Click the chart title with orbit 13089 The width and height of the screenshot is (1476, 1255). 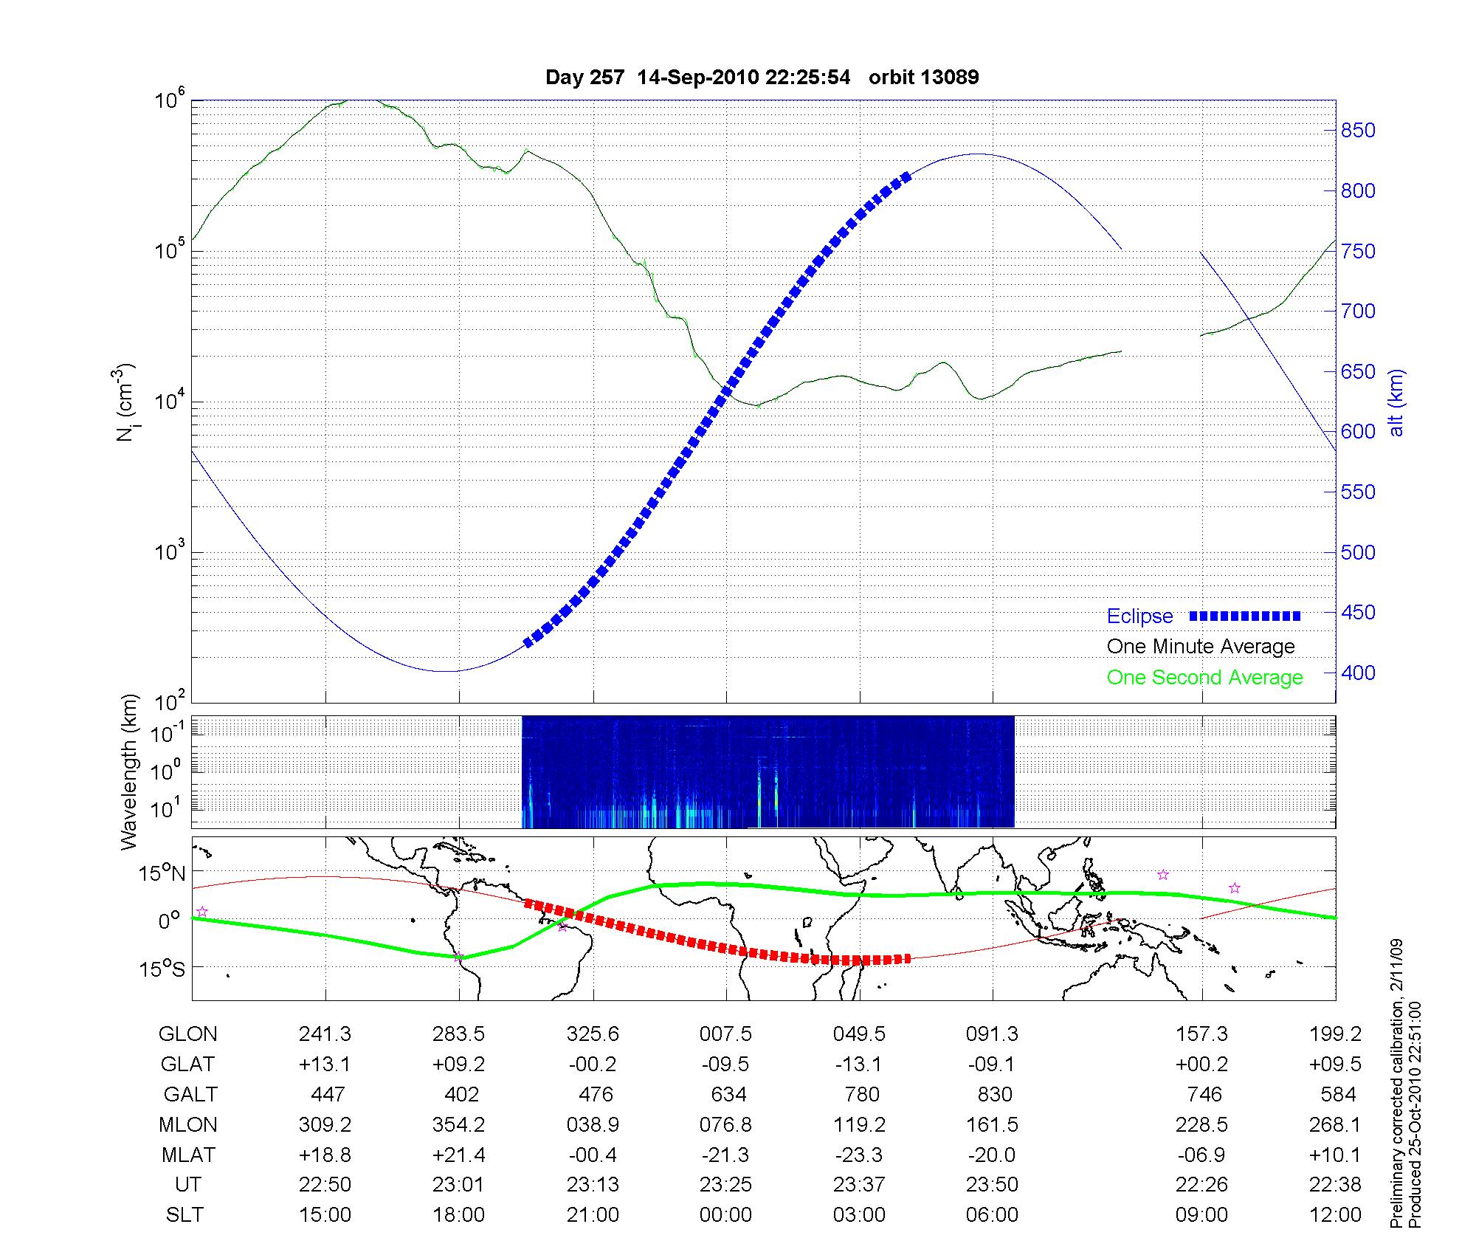(762, 78)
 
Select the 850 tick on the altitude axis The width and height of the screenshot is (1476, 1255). (1358, 131)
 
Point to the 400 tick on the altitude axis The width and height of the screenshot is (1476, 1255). (1358, 673)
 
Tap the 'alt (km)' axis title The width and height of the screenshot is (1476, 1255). (1396, 402)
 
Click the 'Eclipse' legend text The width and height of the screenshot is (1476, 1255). (1139, 616)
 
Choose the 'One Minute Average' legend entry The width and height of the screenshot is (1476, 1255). (1201, 647)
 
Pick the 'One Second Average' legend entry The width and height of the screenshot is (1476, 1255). (1204, 678)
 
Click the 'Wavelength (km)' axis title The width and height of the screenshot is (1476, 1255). (130, 771)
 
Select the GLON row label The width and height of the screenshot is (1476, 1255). (188, 1034)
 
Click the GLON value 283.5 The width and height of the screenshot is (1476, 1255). (458, 1034)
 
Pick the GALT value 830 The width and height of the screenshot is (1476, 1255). (993, 1094)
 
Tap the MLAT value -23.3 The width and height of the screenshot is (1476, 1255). (859, 1155)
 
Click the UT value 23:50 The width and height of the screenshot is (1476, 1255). (992, 1185)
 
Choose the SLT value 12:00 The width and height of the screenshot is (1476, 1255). (1335, 1215)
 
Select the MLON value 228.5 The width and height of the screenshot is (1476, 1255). (1201, 1124)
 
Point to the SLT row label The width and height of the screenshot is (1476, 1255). (184, 1215)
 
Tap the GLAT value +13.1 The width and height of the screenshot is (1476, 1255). (325, 1065)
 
